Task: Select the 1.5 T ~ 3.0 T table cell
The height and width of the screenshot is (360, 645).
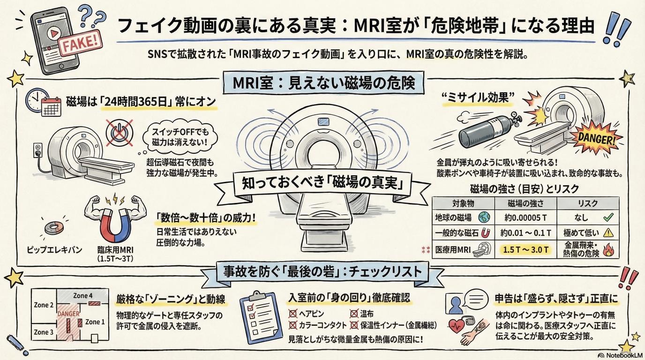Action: (x=525, y=249)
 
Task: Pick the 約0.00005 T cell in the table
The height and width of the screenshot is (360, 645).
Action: (x=525, y=218)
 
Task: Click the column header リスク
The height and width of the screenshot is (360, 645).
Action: (x=587, y=202)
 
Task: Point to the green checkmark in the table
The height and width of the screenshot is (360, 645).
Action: (x=608, y=217)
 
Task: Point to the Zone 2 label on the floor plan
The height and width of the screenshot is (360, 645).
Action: (x=44, y=305)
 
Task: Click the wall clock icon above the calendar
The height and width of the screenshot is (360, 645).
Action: (x=36, y=99)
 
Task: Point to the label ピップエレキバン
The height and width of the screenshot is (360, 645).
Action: (x=55, y=249)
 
